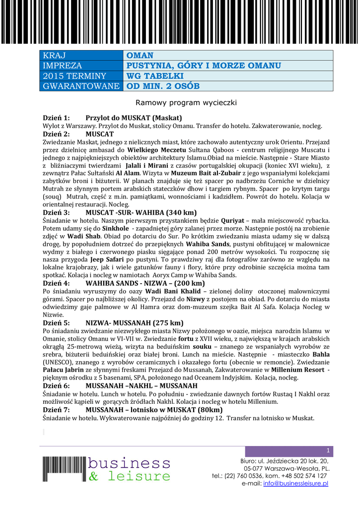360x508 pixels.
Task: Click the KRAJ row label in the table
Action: click(x=54, y=56)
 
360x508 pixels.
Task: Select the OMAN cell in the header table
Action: click(x=140, y=56)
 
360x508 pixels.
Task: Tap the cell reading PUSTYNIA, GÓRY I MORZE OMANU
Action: click(x=204, y=66)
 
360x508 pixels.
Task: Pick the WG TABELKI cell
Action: click(x=155, y=76)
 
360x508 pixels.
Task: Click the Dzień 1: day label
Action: click(x=56, y=118)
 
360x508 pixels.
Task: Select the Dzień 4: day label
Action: click(x=56, y=283)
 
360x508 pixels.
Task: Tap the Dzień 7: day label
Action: click(x=56, y=410)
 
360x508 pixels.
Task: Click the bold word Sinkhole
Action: click(x=112, y=228)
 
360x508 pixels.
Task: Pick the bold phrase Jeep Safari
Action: click(x=108, y=259)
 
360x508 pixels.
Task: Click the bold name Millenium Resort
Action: click(x=299, y=370)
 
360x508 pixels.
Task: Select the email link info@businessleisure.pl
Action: click(x=296, y=483)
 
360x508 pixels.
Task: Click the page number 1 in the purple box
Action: click(x=328, y=450)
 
